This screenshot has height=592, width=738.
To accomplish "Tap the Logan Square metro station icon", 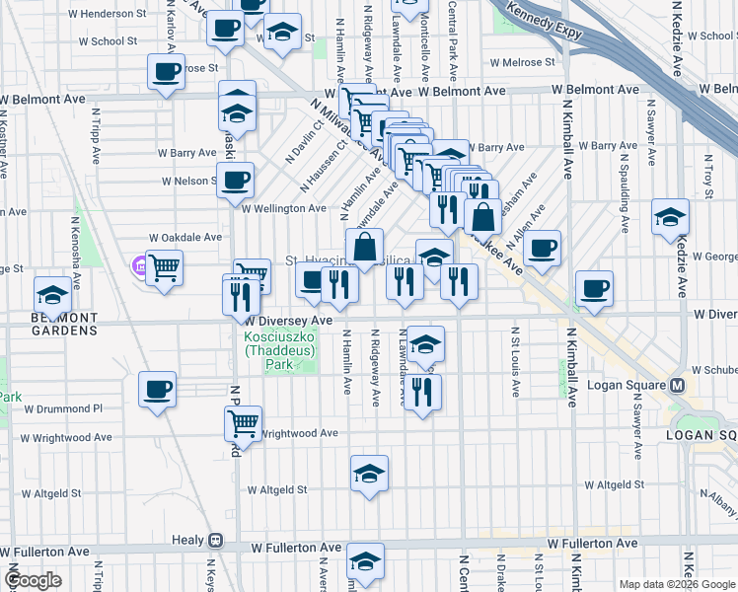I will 678,385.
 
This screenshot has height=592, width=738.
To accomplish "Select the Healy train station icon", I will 214,542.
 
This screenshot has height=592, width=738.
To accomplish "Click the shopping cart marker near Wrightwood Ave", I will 243,423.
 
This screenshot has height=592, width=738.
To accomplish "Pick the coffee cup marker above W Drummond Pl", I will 158,389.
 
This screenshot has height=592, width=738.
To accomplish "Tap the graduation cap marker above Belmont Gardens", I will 52,293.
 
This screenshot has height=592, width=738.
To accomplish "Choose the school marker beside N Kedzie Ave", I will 670,216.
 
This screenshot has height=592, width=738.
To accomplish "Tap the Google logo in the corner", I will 34,580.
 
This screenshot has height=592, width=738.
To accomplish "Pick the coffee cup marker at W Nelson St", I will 235,180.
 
